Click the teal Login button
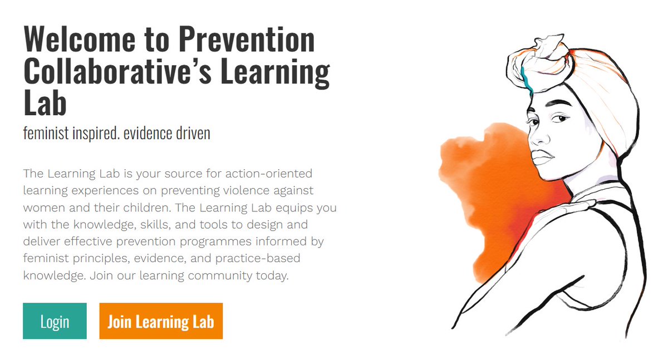(55, 321)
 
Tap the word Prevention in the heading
(247, 40)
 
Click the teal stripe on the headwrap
(525, 78)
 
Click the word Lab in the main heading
(45, 105)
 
